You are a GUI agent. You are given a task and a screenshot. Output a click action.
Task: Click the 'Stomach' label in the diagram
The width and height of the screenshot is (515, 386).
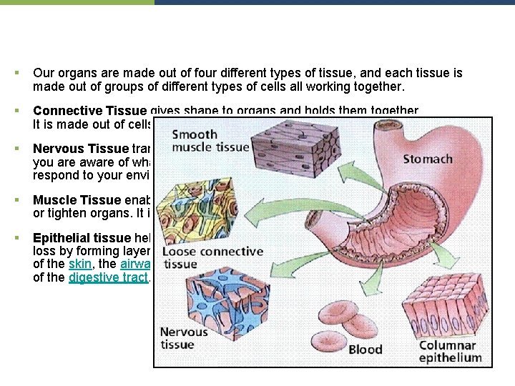pyautogui.click(x=428, y=158)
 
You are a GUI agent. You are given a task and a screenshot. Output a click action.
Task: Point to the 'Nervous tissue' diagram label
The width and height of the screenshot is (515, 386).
pyautogui.click(x=184, y=338)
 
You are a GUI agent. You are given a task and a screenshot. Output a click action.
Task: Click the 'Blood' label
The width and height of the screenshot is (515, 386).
pyautogui.click(x=365, y=350)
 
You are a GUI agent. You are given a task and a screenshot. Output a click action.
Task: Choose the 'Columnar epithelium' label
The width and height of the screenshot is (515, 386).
pyautogui.click(x=451, y=352)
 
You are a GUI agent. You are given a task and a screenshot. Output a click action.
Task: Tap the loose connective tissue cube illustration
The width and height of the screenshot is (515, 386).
pyautogui.click(x=203, y=207)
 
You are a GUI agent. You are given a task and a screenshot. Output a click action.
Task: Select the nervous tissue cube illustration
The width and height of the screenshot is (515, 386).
pyautogui.click(x=228, y=303)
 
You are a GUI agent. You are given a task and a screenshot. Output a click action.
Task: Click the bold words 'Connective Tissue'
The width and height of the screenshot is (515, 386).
pyautogui.click(x=90, y=111)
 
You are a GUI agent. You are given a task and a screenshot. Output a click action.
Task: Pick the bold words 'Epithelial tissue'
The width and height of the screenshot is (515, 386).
pyautogui.click(x=82, y=238)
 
